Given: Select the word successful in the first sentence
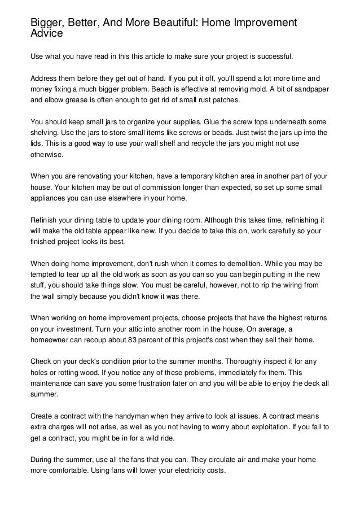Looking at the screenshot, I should (271, 58).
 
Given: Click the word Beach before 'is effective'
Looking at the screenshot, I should (221, 89).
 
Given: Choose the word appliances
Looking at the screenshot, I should (50, 198).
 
